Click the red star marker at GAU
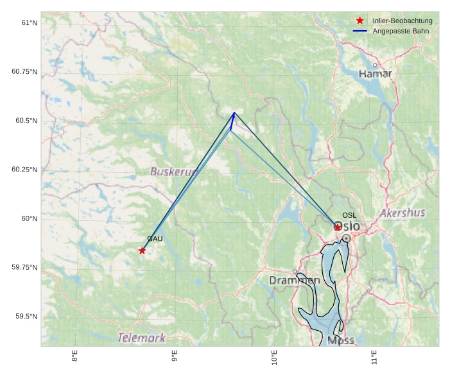(x=142, y=250)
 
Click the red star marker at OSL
(x=338, y=227)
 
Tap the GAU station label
(x=154, y=239)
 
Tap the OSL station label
(x=349, y=215)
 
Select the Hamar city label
(x=375, y=74)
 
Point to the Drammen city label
(x=294, y=281)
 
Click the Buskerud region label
(x=173, y=171)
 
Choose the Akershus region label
(x=402, y=213)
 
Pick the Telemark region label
(x=141, y=338)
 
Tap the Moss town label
(x=340, y=340)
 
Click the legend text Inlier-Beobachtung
(x=402, y=21)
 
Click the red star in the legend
(x=360, y=21)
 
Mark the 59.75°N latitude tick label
(x=24, y=267)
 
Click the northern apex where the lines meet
(x=234, y=113)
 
